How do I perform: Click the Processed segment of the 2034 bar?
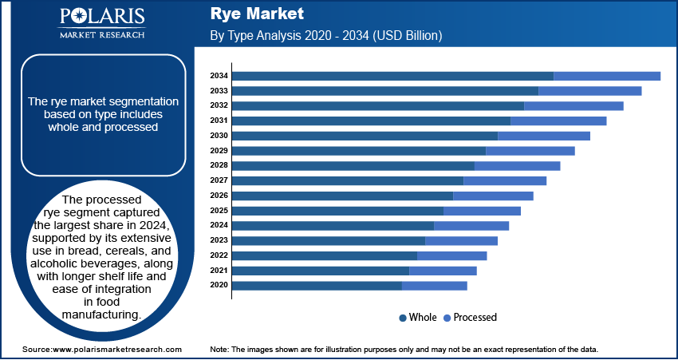pyautogui.click(x=606, y=76)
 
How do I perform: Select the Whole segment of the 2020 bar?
pyautogui.click(x=317, y=285)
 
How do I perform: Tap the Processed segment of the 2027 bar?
pyautogui.click(x=505, y=180)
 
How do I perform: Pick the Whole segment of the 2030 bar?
pyautogui.click(x=365, y=136)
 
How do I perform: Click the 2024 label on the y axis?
pyautogui.click(x=219, y=225)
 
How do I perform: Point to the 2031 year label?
pyautogui.click(x=219, y=121)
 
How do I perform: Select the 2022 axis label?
pyautogui.click(x=219, y=255)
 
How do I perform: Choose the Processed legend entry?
pyautogui.click(x=475, y=318)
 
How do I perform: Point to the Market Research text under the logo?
pyautogui.click(x=101, y=35)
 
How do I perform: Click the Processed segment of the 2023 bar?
pyautogui.click(x=461, y=240)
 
